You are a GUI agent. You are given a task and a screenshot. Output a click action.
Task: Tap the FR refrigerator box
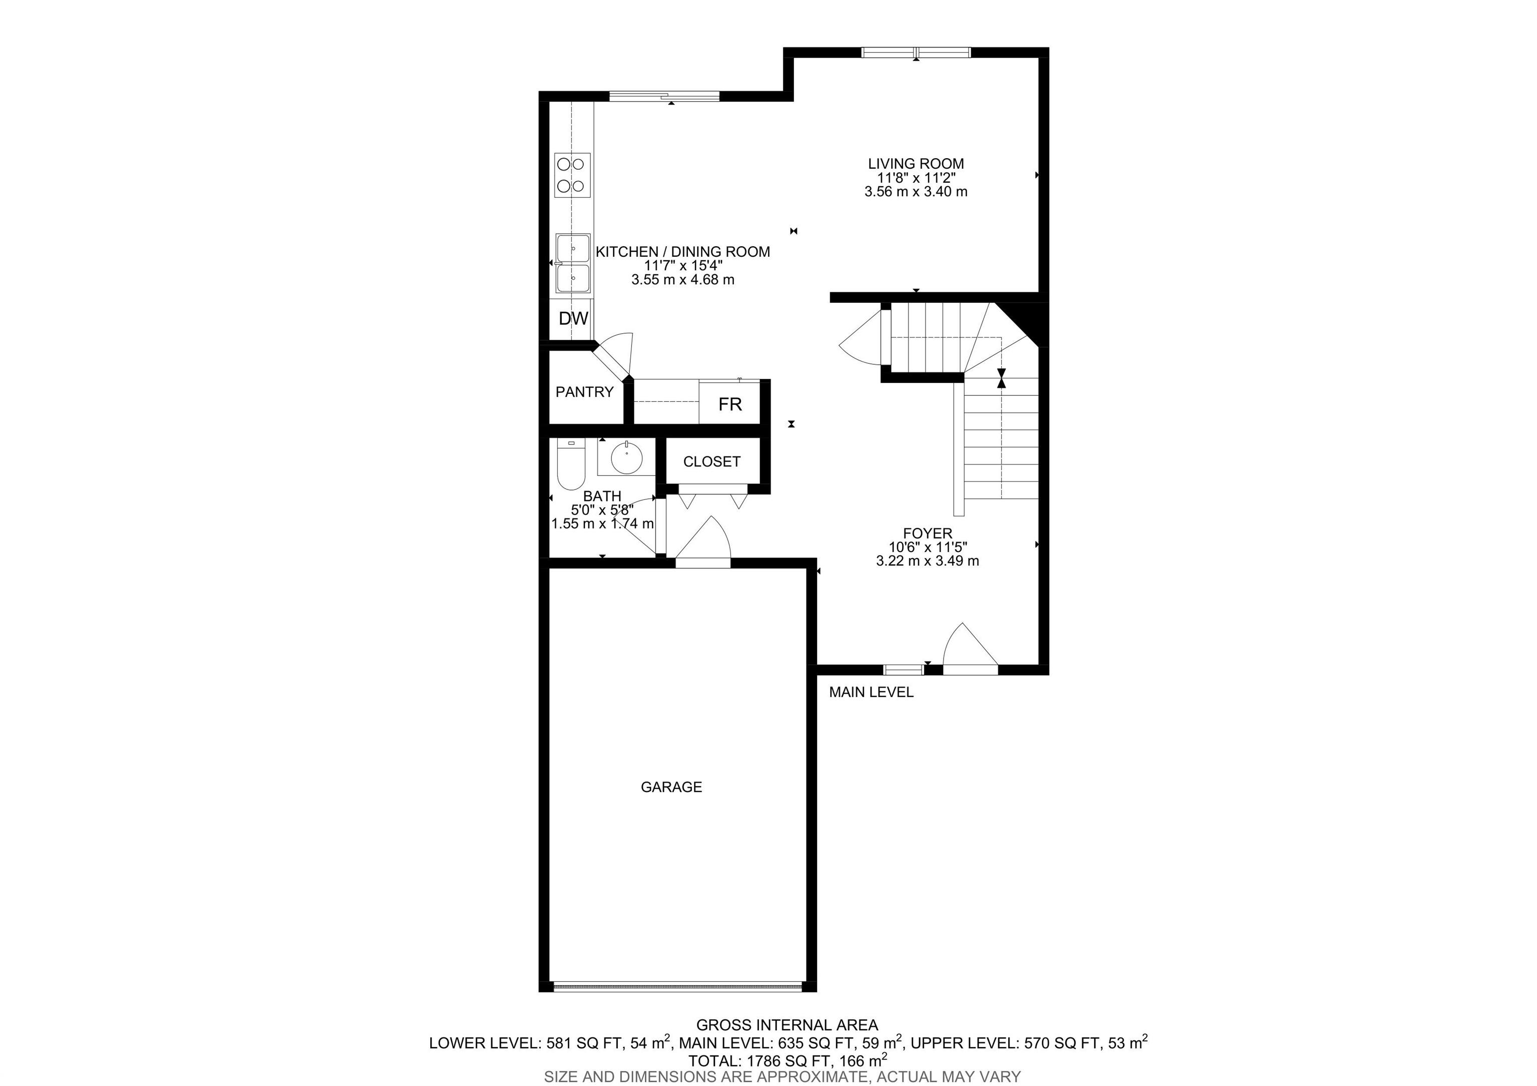[x=729, y=404]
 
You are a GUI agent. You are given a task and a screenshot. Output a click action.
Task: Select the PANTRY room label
[x=584, y=392]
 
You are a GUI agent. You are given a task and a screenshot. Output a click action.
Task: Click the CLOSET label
[x=711, y=462]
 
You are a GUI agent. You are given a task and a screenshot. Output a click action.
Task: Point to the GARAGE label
[x=671, y=787]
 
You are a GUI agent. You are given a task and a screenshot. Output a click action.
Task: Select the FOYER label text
[x=927, y=533]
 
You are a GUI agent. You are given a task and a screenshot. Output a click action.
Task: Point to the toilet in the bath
[x=570, y=465]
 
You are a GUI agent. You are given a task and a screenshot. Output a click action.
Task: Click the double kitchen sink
[x=573, y=264]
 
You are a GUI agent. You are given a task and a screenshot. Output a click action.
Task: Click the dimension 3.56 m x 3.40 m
[x=916, y=192]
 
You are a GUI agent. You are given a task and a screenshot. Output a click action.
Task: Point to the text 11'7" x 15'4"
[x=683, y=266]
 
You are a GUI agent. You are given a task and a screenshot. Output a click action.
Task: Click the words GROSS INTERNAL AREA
[x=787, y=1025]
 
